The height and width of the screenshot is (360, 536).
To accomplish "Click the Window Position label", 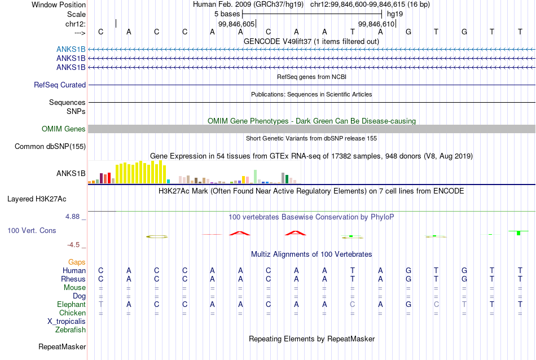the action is point(59,5).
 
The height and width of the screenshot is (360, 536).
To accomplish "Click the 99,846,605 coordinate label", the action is point(236,24).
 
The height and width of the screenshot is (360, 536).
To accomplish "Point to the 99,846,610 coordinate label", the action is point(376,24).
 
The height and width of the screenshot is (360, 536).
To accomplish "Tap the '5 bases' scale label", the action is point(227,14).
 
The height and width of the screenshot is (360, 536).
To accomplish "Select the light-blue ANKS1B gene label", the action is point(71,50).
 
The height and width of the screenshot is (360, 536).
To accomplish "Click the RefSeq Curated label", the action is point(60,85).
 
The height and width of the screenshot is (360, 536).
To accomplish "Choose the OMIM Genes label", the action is point(64,129).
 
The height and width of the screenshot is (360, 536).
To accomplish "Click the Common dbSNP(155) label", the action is point(50,146).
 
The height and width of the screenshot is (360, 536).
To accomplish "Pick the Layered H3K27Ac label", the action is point(37,199).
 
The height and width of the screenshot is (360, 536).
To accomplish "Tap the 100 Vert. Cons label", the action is point(32,230).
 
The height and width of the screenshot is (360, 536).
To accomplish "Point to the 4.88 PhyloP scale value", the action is point(72,217).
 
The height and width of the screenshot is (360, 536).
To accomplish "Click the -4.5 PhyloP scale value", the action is point(73,245).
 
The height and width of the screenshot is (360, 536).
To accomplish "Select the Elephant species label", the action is point(71,304).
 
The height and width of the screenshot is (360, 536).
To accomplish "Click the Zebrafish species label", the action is point(71,330).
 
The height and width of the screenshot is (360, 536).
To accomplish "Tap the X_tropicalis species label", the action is point(67,322).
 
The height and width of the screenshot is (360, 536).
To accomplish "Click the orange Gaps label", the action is point(77,262).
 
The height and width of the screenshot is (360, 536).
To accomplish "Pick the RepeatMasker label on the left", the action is point(62,346).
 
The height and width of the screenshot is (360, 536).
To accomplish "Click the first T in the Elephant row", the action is point(100,304).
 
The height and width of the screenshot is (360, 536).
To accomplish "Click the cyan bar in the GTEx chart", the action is point(168,182).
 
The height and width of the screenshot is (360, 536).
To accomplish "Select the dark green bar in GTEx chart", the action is point(287,179).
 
